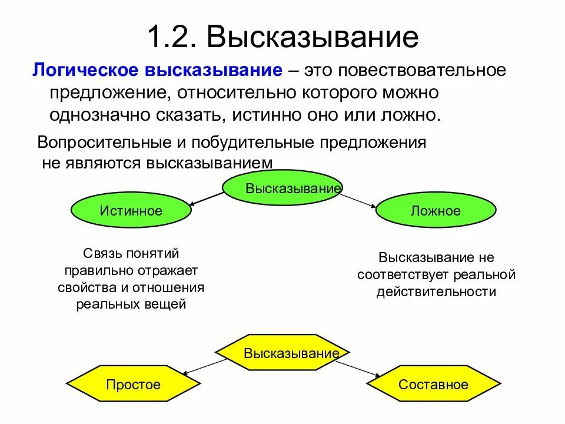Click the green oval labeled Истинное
click(x=131, y=210)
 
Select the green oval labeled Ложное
click(x=436, y=210)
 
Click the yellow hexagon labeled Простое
click(x=133, y=385)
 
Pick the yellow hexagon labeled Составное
click(x=434, y=385)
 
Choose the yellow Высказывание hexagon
click(x=282, y=353)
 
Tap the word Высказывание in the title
click(x=313, y=37)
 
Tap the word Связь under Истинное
click(x=101, y=254)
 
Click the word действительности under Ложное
click(x=436, y=291)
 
